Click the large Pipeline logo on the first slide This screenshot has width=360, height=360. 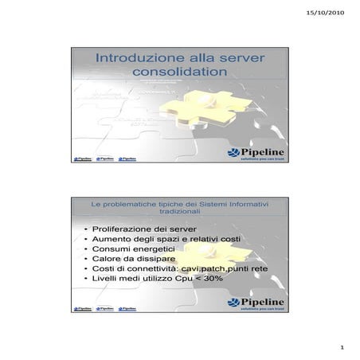click(256, 154)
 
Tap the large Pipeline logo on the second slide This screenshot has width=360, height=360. click(256, 302)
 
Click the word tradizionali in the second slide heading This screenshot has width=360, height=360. click(181, 213)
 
